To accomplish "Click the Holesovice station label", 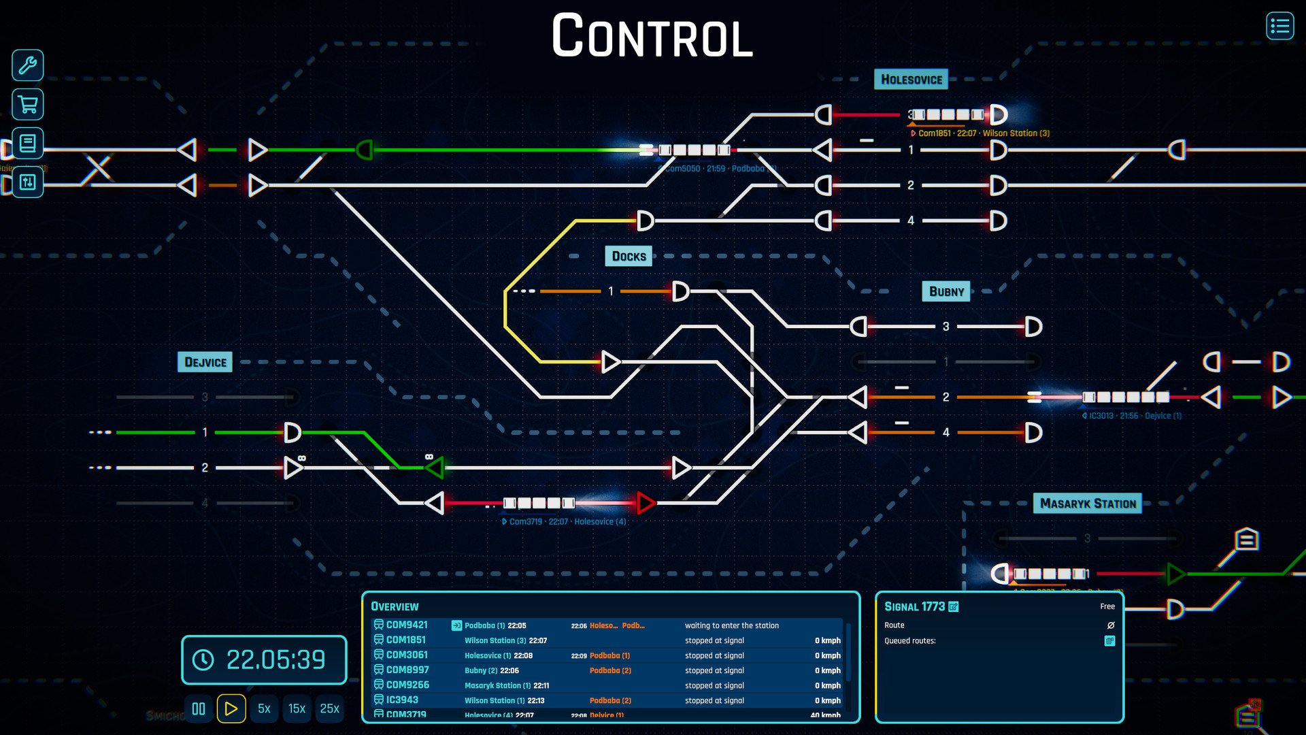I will [x=911, y=80].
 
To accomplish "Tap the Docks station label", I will [x=629, y=257].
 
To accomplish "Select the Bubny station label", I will [x=946, y=292].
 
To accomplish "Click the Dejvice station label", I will [x=205, y=362].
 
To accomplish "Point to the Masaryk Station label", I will [x=1087, y=504].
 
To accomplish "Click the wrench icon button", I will [x=28, y=65].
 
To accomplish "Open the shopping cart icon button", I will [x=28, y=105].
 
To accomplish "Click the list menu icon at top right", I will [x=1279, y=27].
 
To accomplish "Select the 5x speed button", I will [x=264, y=708].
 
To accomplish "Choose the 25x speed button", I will [x=329, y=708].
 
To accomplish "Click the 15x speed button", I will [x=297, y=708].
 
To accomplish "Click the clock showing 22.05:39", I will [x=264, y=659].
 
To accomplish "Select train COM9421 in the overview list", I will [x=407, y=625].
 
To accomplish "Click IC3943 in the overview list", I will [x=402, y=700].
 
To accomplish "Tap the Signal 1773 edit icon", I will [x=954, y=606].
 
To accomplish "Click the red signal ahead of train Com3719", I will [x=646, y=503].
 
